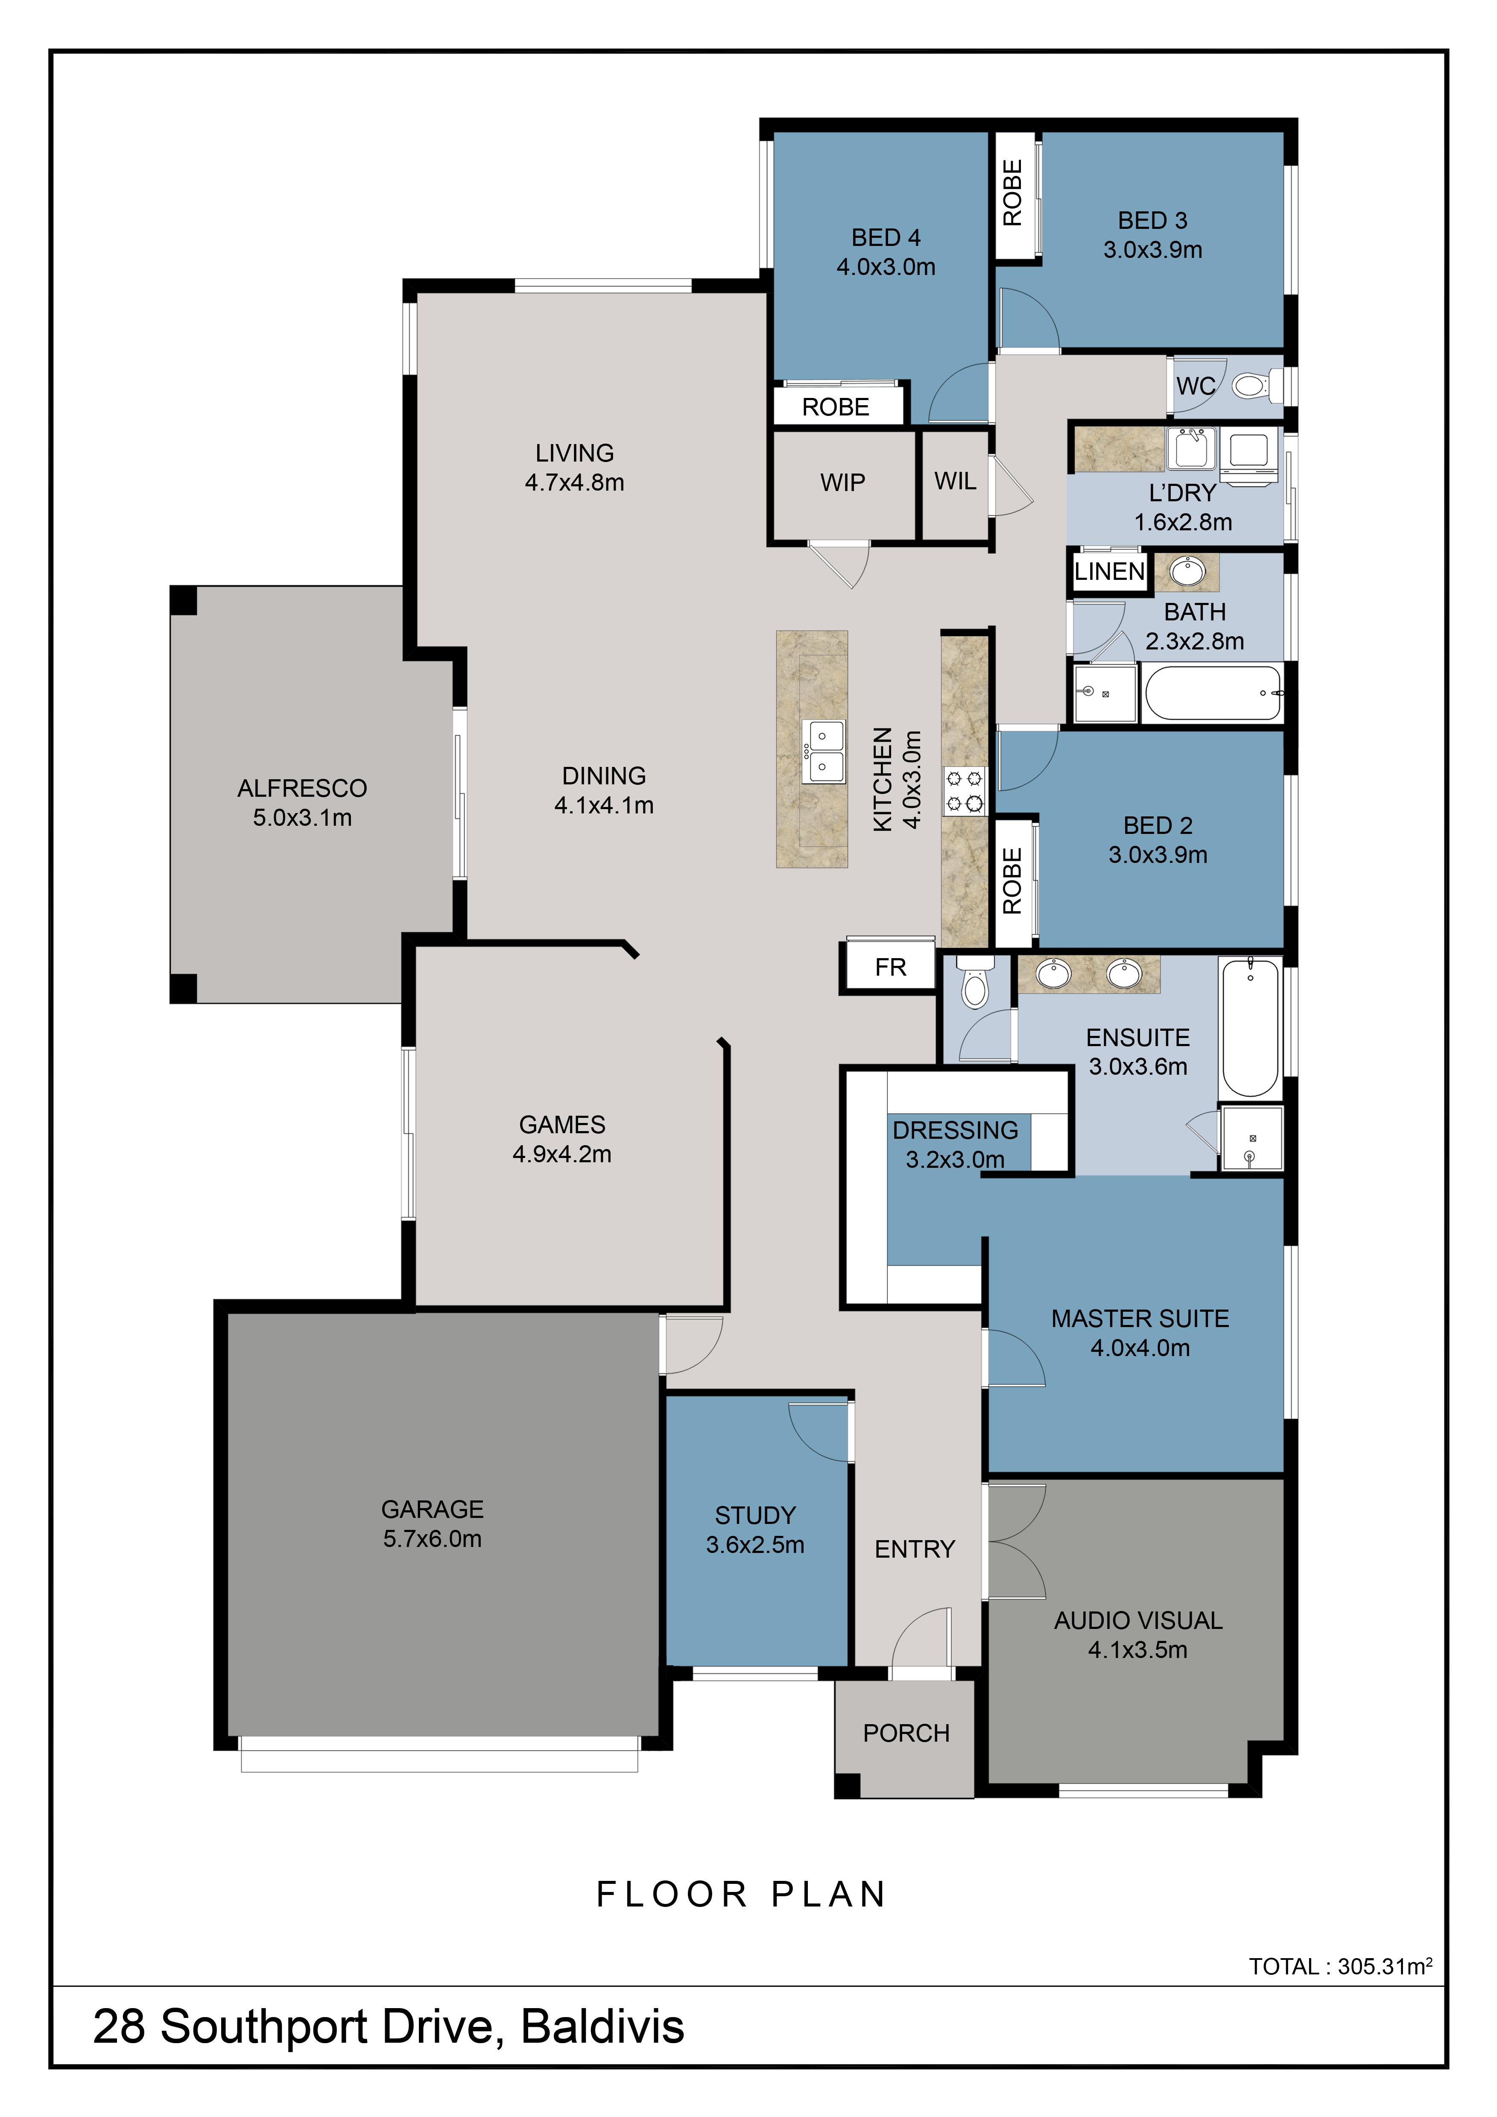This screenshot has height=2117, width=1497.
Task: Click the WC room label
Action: (1196, 386)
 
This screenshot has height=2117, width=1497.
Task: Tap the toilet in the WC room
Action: (1255, 386)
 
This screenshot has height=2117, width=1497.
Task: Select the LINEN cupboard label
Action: (1110, 572)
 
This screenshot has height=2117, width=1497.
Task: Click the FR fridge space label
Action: (890, 967)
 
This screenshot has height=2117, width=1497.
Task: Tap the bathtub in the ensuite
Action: (1250, 1027)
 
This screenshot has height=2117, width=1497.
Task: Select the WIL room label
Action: (955, 481)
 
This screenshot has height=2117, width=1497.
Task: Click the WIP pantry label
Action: (842, 482)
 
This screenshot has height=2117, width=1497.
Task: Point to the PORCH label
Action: (906, 1734)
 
